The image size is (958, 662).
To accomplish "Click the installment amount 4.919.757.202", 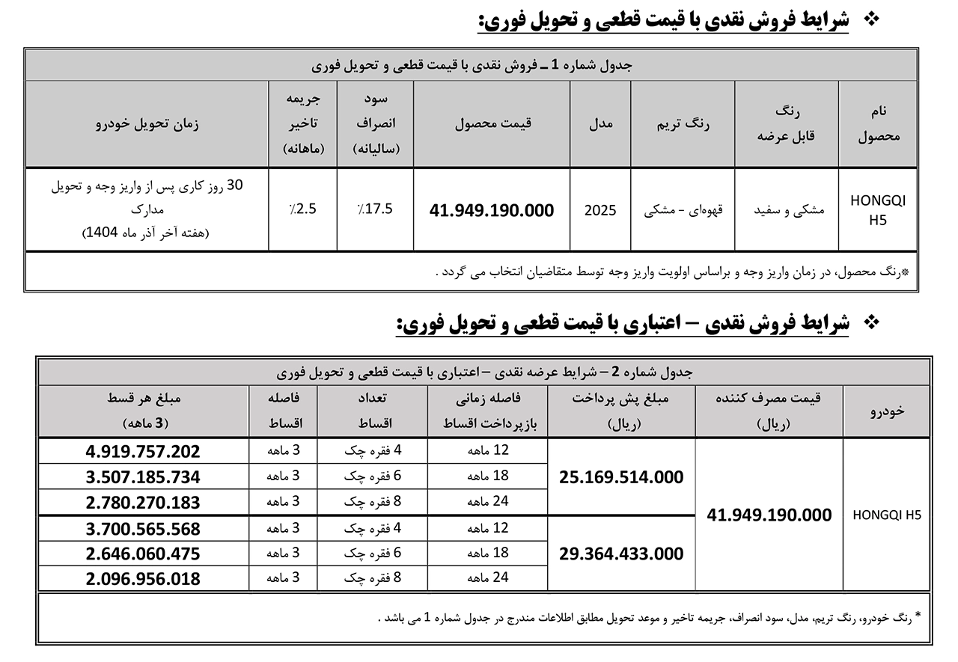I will tap(143, 451).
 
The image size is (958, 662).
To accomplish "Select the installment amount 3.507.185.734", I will tap(143, 476).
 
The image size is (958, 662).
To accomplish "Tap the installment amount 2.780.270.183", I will tap(143, 502).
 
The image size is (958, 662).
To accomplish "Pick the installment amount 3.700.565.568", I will tap(143, 528).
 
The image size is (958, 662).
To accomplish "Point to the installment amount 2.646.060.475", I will tap(143, 554).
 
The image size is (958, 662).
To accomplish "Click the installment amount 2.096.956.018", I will tap(143, 578).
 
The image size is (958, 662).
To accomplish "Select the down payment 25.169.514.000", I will tap(621, 476).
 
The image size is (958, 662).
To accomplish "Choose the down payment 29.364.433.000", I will tap(621, 554).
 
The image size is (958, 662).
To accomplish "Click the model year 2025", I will tap(600, 210).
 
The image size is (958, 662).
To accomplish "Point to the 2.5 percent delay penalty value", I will tap(302, 209).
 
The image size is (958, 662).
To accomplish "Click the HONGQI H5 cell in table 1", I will tap(877, 210).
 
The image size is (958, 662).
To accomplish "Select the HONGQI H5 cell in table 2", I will tap(887, 515).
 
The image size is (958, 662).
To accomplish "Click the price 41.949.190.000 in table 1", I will tap(492, 210).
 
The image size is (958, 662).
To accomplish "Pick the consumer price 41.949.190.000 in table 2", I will tap(769, 515).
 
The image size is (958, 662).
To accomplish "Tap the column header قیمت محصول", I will tap(492, 123).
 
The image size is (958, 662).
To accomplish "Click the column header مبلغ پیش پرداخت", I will tap(621, 399).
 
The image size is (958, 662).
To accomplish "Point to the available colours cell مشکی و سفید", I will tap(788, 210).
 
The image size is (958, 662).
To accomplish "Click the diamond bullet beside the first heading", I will tap(870, 19).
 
